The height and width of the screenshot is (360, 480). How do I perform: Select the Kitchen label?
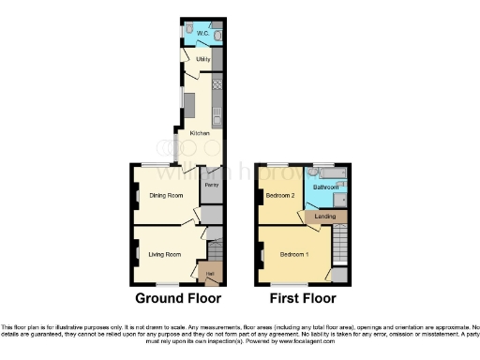click(200, 132)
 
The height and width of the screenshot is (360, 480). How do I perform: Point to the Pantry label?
click(213, 185)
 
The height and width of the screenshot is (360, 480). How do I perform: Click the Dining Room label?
click(164, 195)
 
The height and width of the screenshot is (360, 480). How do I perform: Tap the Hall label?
click(210, 273)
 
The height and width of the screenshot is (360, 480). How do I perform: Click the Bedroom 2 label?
click(279, 195)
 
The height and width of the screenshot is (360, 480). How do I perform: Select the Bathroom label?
click(325, 187)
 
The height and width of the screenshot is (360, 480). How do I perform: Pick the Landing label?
click(325, 217)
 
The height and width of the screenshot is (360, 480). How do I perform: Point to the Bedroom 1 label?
click(296, 255)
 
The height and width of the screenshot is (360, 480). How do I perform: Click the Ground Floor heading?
click(178, 299)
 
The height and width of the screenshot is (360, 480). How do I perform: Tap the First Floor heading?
click(302, 299)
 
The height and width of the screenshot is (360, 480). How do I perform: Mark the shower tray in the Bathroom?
click(342, 199)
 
